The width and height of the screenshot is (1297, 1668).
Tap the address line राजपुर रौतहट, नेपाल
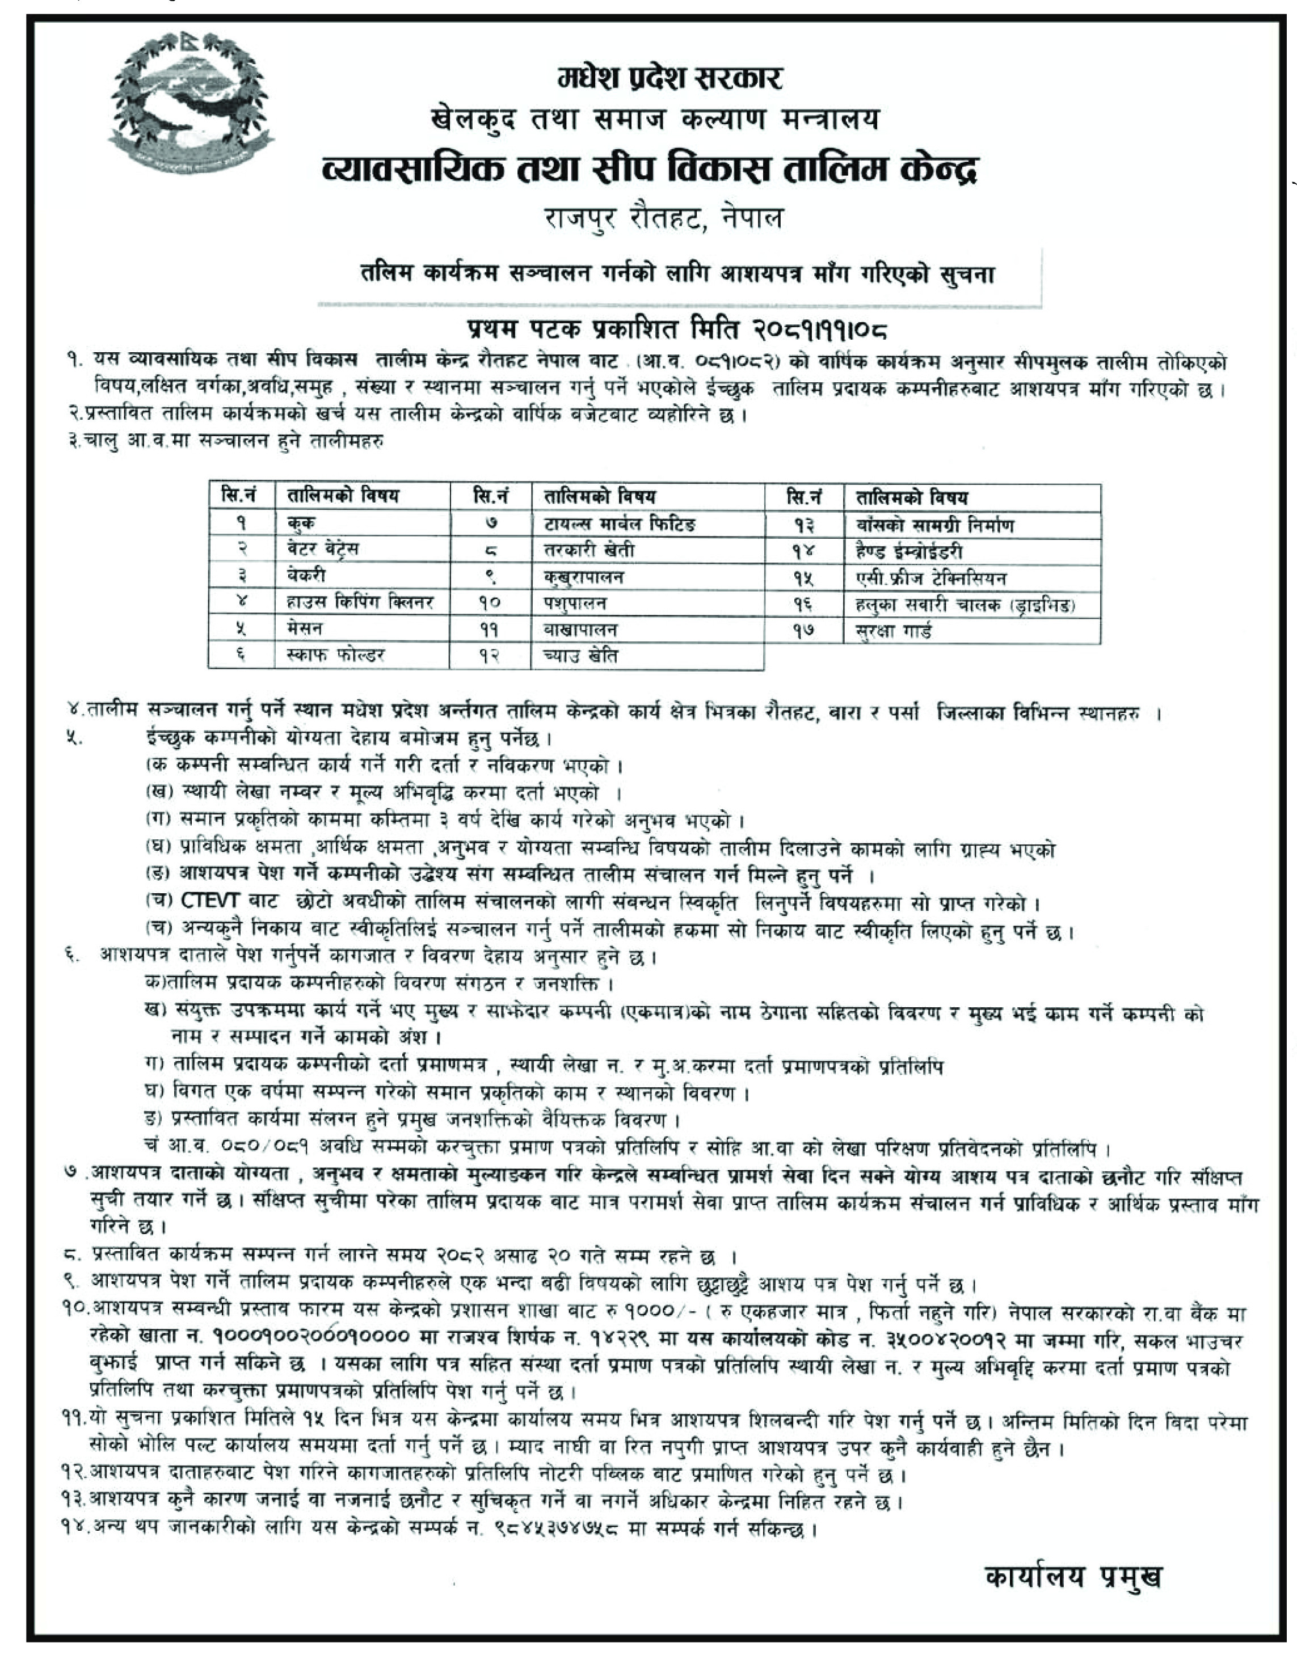[663, 219]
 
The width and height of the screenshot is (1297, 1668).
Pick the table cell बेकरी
[306, 575]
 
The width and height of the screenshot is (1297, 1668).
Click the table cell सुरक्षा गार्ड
[894, 631]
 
